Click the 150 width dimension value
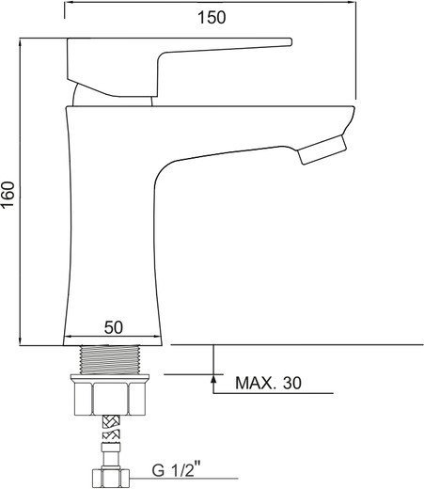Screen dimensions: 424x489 pos(212,17)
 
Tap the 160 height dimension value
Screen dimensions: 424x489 pos(8,194)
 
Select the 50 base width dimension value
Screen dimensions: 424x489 pos(114,328)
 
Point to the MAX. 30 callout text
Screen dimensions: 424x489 pos(268,383)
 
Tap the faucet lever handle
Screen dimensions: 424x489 pos(180,67)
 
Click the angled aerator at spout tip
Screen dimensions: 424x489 pos(322,150)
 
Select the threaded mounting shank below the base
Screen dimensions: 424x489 pos(110,360)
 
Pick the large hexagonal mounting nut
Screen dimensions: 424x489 pos(110,399)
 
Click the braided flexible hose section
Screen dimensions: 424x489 pos(112,427)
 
